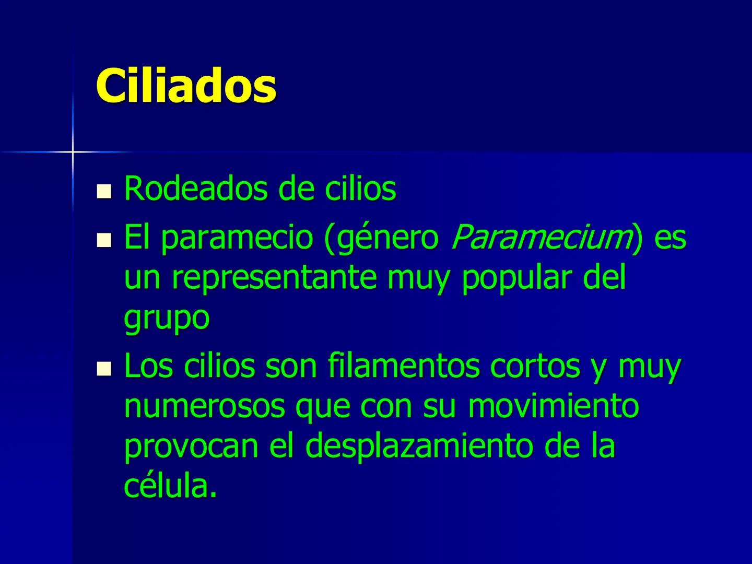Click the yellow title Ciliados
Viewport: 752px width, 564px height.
[186, 86]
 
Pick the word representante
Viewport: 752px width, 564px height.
[274, 278]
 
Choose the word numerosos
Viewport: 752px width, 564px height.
[204, 406]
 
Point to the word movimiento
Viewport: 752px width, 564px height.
[554, 406]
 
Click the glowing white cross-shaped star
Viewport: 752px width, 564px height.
[73, 152]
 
